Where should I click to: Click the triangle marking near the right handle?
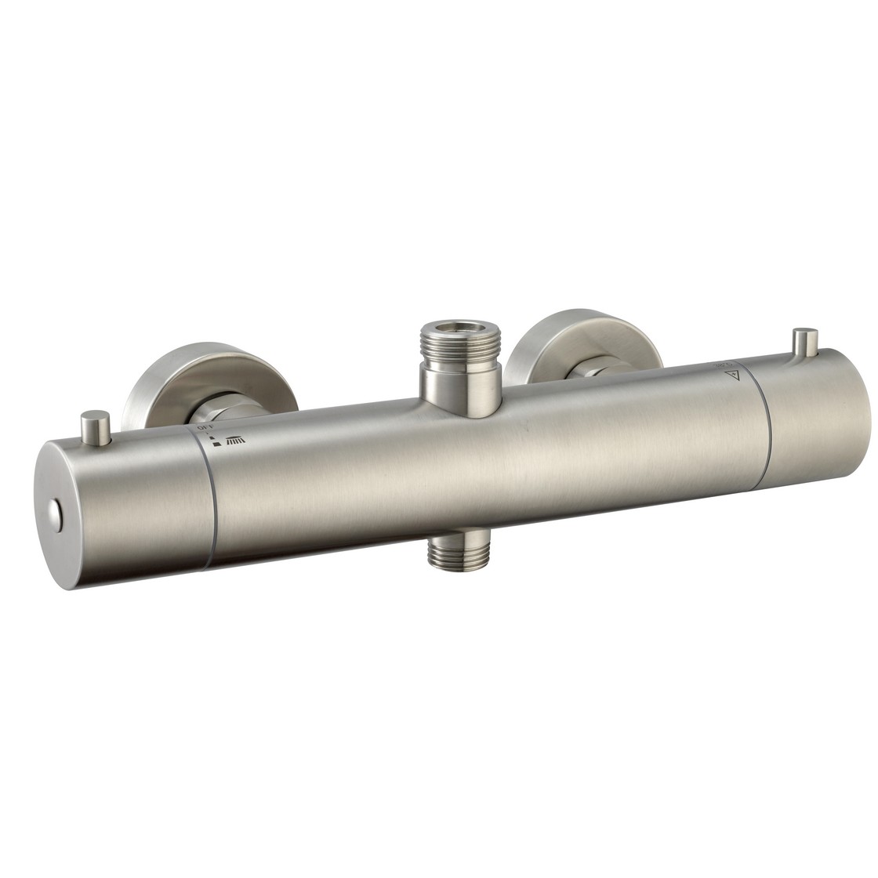pos(734,376)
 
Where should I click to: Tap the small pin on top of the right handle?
pos(803,343)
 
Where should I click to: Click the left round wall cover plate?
pos(157,384)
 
